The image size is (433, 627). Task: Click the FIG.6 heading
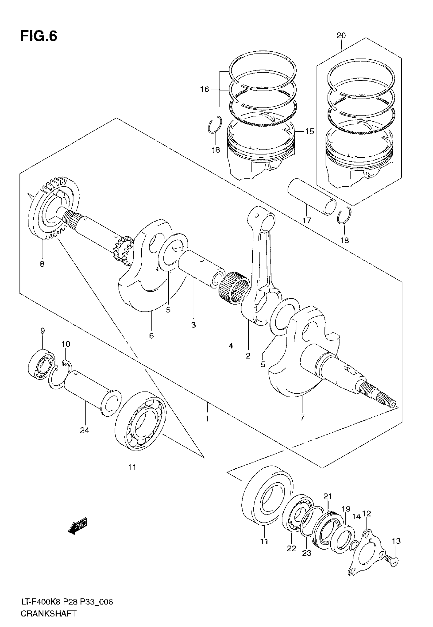[39, 36]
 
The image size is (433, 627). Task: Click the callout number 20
[341, 35]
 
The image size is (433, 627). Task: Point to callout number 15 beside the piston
[309, 131]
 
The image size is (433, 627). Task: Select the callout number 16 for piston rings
[205, 89]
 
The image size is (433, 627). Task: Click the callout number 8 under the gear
[42, 264]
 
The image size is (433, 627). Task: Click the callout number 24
[84, 430]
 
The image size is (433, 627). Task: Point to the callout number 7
[303, 417]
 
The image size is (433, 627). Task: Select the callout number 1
[207, 419]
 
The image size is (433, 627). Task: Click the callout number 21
[328, 497]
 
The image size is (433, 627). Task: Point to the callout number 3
[193, 325]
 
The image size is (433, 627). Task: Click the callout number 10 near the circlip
[66, 344]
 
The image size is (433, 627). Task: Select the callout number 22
[292, 548]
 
